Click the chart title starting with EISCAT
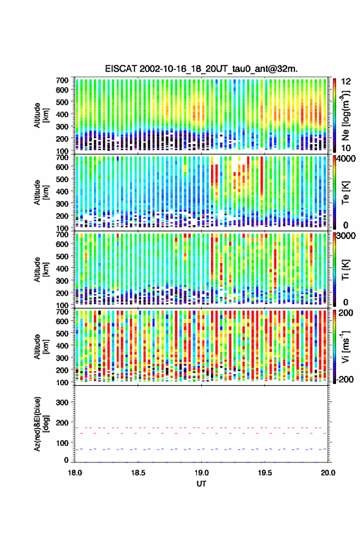(201, 69)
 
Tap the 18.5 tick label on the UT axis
(138, 473)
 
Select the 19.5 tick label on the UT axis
(265, 473)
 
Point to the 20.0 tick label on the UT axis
(328, 473)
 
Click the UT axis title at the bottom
(201, 484)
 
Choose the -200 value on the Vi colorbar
(344, 380)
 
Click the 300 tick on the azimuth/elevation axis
(62, 402)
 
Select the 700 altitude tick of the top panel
(62, 80)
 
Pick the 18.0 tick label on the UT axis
(75, 473)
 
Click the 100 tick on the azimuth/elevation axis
(62, 443)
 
